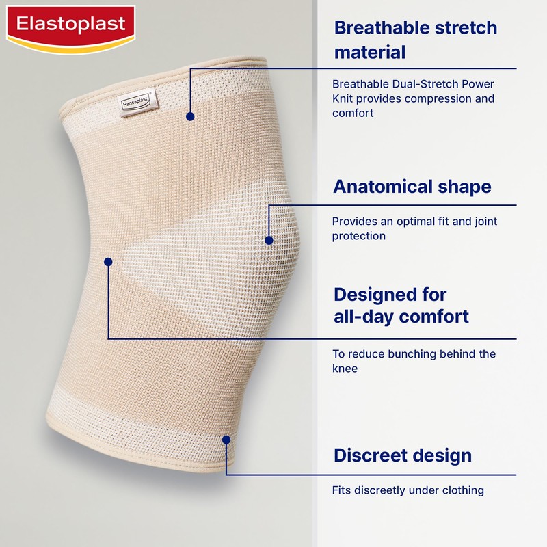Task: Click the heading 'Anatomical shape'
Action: (x=412, y=187)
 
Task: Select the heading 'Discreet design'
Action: (x=402, y=455)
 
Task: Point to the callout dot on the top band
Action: (x=191, y=117)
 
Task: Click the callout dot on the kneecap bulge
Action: (x=269, y=240)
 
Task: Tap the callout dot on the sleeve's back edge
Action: (x=108, y=261)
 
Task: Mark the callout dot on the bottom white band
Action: (x=226, y=440)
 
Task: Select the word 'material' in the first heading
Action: (x=370, y=52)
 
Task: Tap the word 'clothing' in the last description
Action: (x=462, y=490)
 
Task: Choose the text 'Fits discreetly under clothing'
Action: (x=408, y=490)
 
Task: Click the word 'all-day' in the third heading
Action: (x=363, y=317)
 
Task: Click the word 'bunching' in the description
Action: (x=422, y=354)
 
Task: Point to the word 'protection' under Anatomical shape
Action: (x=358, y=236)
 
